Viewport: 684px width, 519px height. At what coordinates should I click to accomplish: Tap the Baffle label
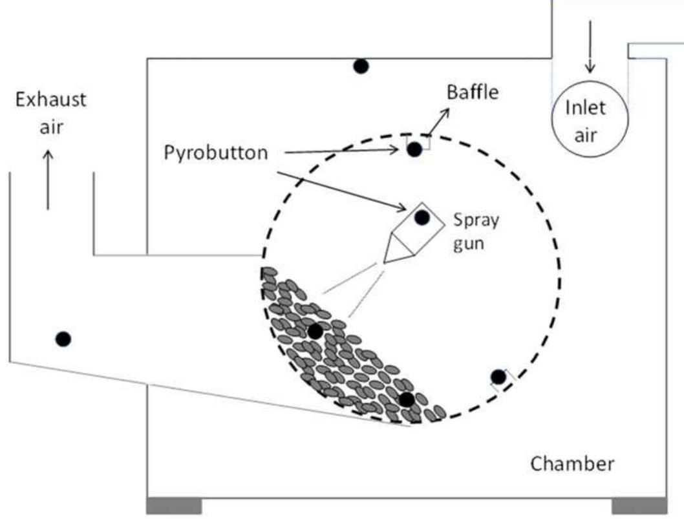tap(473, 92)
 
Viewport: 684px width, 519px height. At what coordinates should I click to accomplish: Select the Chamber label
tap(572, 463)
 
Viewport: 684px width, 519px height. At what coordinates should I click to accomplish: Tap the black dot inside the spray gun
tap(422, 218)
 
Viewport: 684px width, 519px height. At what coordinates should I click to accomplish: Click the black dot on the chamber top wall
tap(361, 66)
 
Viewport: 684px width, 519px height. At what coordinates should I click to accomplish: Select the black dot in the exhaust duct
tap(63, 339)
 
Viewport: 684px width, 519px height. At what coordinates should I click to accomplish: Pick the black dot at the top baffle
tap(414, 149)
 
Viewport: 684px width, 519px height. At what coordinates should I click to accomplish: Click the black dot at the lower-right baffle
tap(497, 377)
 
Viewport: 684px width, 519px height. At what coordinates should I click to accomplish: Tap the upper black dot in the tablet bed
tap(315, 332)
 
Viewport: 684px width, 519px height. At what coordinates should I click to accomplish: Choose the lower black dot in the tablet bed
tap(406, 399)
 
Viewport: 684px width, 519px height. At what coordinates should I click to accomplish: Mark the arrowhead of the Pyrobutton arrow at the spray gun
tap(401, 207)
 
